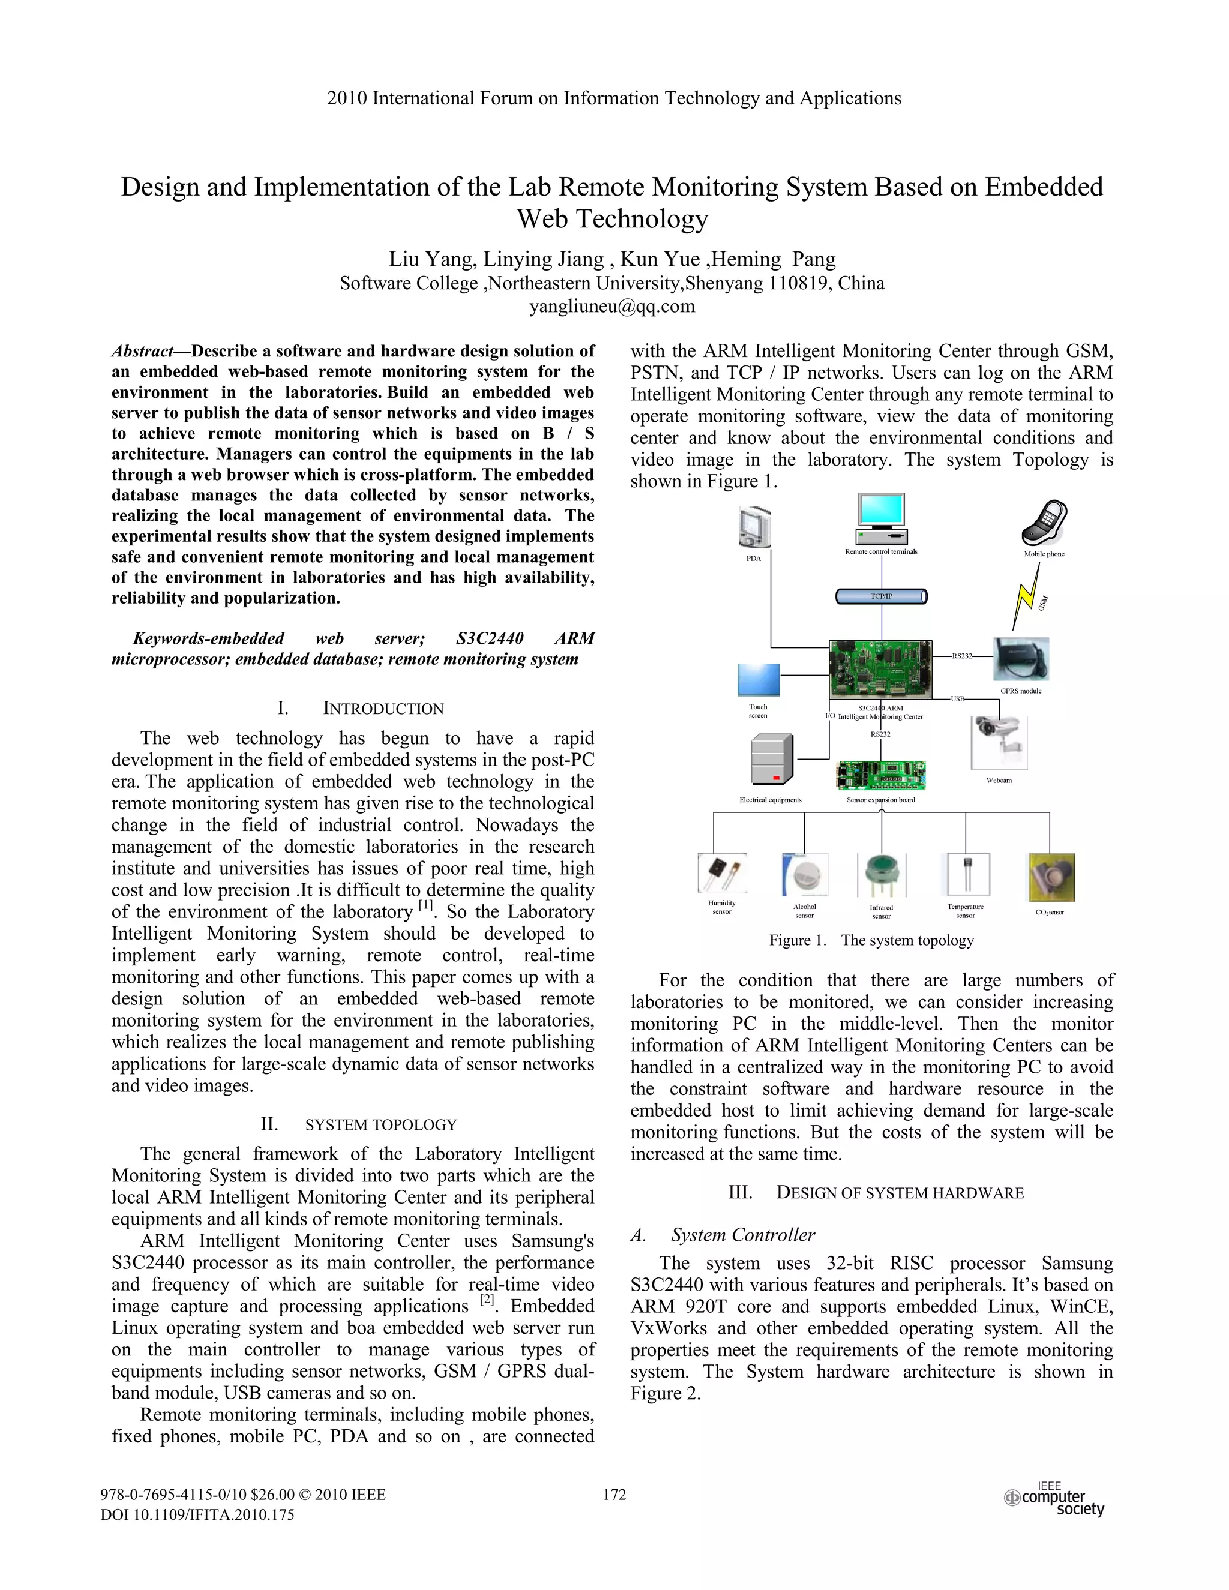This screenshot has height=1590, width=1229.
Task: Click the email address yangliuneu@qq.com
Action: [x=611, y=307]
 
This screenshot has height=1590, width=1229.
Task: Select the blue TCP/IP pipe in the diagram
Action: [x=881, y=597]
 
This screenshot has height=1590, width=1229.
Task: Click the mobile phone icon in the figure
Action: [x=1044, y=523]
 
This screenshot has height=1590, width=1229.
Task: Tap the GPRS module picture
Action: [x=1021, y=659]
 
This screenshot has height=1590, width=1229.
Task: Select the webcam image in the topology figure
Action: [x=999, y=741]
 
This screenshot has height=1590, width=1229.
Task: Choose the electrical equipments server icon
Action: [x=771, y=760]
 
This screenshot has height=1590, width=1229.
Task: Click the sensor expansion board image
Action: [x=881, y=775]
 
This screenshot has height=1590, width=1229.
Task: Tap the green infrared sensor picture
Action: [x=881, y=876]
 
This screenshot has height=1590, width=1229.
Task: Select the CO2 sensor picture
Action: [x=1050, y=877]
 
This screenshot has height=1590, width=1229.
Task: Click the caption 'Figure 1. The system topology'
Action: [x=871, y=941]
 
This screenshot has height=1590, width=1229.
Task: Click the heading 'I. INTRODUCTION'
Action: [x=361, y=709]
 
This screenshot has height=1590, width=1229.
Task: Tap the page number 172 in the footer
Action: [x=614, y=1495]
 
